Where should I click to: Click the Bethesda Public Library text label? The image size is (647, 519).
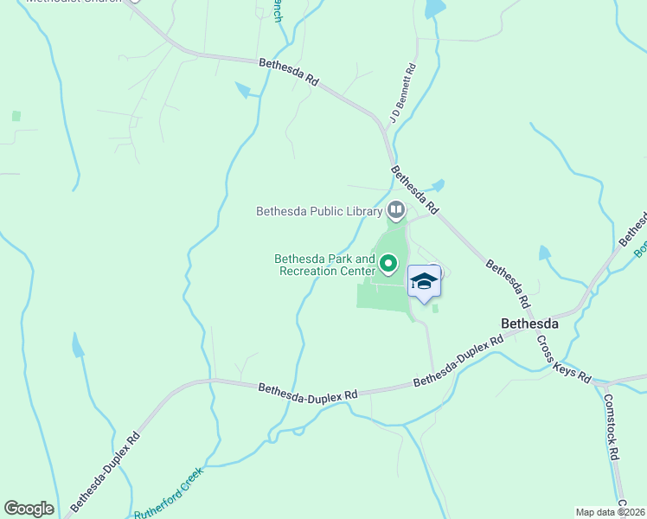click(x=319, y=211)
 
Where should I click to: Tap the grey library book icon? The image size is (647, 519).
click(x=395, y=209)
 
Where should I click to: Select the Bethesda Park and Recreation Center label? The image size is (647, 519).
click(x=324, y=265)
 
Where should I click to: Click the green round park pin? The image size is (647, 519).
click(x=388, y=264)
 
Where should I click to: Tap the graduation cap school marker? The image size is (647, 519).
click(x=423, y=282)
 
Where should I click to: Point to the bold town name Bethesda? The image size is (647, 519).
click(x=530, y=324)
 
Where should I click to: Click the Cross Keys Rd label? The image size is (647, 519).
click(x=562, y=360)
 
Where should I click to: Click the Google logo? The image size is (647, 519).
click(x=29, y=509)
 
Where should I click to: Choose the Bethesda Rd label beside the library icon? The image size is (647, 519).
click(x=414, y=189)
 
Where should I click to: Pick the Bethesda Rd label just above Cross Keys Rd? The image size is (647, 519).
click(x=507, y=285)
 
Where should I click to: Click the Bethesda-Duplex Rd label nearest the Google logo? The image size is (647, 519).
click(x=105, y=471)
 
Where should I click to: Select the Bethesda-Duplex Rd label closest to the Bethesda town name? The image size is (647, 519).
click(x=458, y=362)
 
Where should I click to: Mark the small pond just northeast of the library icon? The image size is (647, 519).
click(x=439, y=185)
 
